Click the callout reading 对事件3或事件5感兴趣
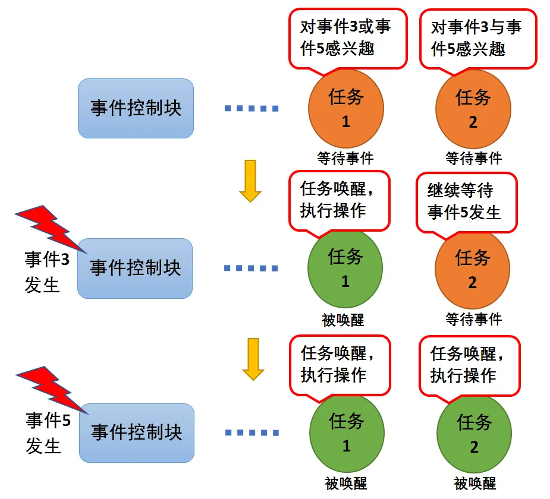pyautogui.click(x=348, y=37)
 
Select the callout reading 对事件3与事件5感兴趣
pyautogui.click(x=477, y=37)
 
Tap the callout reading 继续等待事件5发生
pyautogui.click(x=466, y=202)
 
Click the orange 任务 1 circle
pyautogui.click(x=345, y=109)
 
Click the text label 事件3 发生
pyautogui.click(x=46, y=272)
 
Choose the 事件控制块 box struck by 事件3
pyautogui.click(x=135, y=269)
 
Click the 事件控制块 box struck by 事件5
pyautogui.click(x=137, y=432)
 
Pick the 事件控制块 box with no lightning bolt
pyautogui.click(x=136, y=108)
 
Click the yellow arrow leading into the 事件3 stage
pyautogui.click(x=250, y=181)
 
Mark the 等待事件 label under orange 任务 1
pyautogui.click(x=345, y=158)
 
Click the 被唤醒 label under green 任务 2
pyautogui.click(x=474, y=483)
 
